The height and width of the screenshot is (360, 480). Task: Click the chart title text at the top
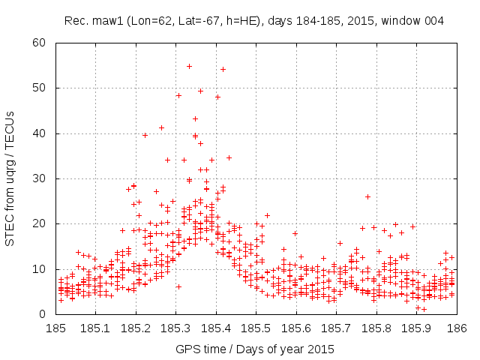[x=254, y=20]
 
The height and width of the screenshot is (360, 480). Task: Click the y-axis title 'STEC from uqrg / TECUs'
[x=11, y=178]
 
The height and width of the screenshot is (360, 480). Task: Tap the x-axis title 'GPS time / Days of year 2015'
[x=255, y=349]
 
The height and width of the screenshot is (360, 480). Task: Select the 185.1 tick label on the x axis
[x=96, y=328]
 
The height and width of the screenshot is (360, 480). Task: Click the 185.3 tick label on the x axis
[x=176, y=328]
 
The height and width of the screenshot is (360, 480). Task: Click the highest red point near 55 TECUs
[x=189, y=66]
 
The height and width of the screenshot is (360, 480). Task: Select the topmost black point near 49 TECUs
[x=200, y=91]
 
